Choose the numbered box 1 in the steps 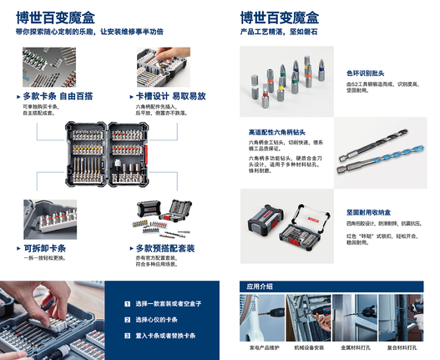point(127,305)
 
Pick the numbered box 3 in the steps point(127,335)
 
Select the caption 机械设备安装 point(308,346)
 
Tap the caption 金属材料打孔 point(357,346)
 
